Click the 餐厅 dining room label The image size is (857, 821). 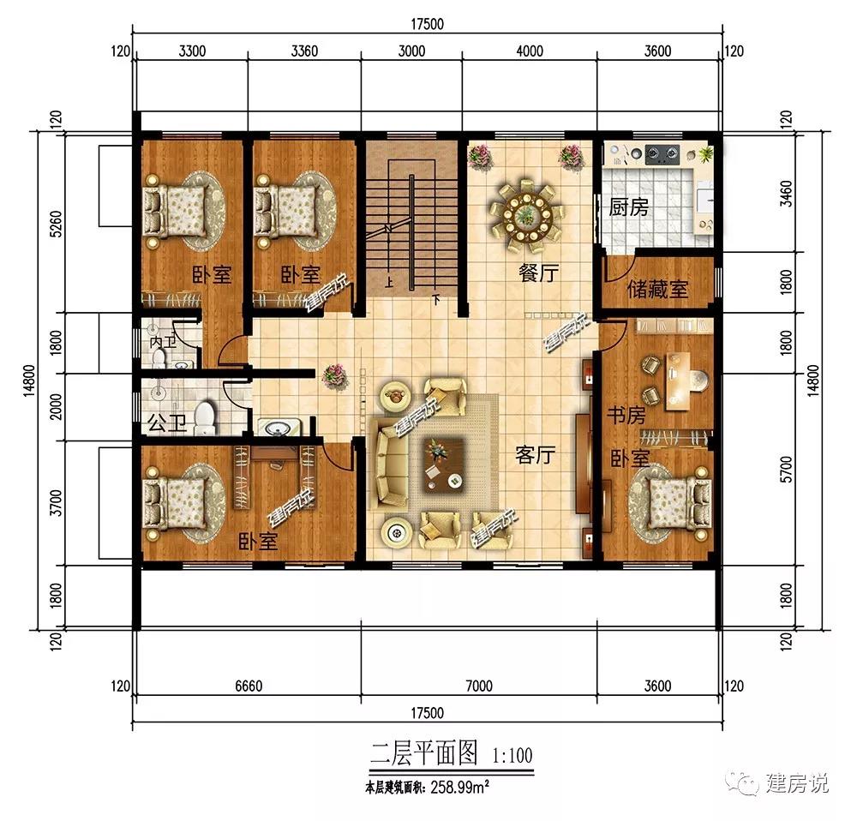[x=539, y=273]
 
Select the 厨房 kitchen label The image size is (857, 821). [x=628, y=207]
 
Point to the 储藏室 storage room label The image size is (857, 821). [x=657, y=288]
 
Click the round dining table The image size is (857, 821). [x=522, y=211]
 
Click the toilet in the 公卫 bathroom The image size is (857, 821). [x=205, y=417]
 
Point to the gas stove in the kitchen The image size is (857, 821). [x=659, y=155]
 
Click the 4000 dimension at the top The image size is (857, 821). [x=530, y=51]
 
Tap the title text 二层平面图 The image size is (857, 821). [x=423, y=754]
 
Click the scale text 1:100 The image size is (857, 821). [x=513, y=756]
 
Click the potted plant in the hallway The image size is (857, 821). [x=335, y=375]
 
